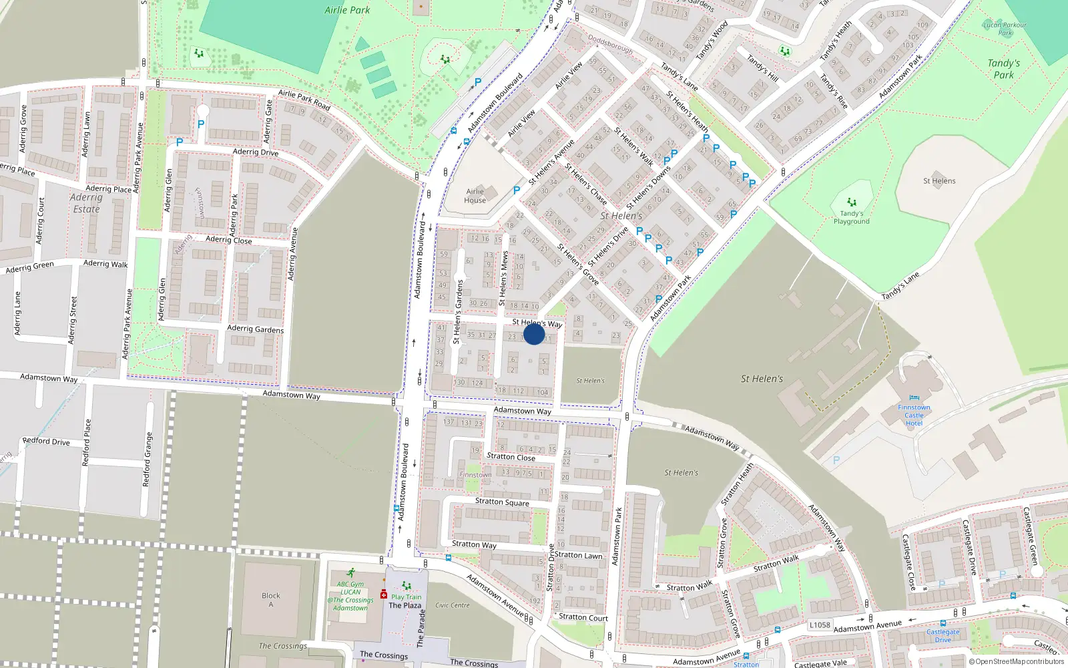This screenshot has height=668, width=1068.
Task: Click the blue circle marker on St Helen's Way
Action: [x=534, y=334]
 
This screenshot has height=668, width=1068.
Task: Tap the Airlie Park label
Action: [x=347, y=10]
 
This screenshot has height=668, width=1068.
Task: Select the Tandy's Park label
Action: [x=1003, y=69]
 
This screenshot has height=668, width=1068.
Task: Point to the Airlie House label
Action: [x=475, y=196]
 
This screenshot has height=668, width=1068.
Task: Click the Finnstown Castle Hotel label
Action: [x=914, y=415]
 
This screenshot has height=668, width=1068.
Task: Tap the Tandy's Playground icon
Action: [x=851, y=202]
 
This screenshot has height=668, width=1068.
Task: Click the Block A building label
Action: [x=271, y=600]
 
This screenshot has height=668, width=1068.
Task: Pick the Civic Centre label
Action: [x=453, y=605]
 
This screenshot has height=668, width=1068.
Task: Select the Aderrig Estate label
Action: [x=86, y=203]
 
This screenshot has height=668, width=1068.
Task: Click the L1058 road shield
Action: [x=820, y=625]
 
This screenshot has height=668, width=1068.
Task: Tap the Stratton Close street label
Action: [x=511, y=457]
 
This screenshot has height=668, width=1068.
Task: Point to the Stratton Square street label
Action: [x=502, y=502]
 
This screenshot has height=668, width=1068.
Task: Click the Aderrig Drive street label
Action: [x=256, y=152]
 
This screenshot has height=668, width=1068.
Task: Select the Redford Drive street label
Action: [x=46, y=441]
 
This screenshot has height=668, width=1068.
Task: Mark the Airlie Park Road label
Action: [x=304, y=100]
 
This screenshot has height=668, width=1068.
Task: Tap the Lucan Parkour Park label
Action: [x=1005, y=29]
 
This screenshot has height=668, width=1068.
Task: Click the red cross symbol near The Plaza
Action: [x=384, y=594]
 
